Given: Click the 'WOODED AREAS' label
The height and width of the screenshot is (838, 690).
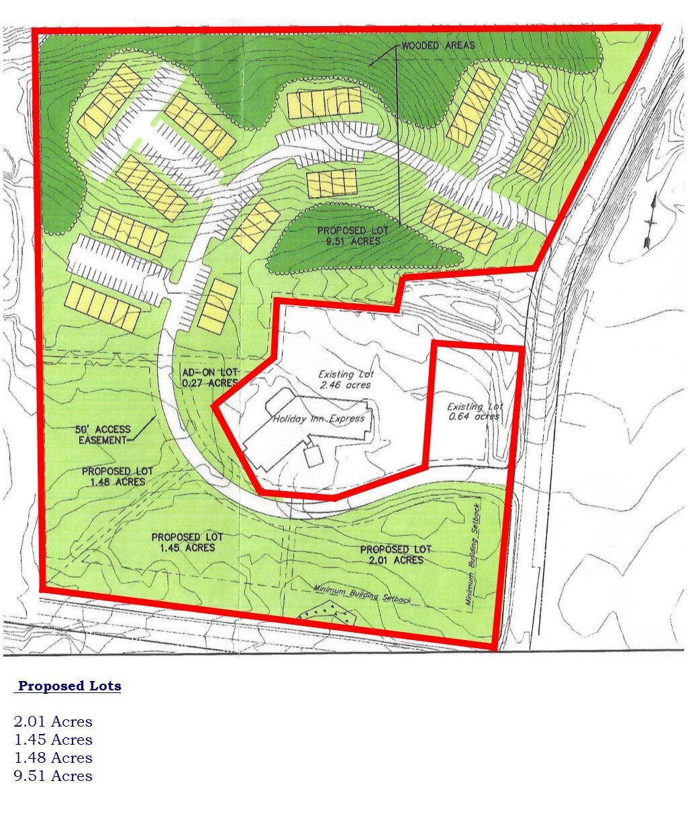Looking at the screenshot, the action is pos(438,46).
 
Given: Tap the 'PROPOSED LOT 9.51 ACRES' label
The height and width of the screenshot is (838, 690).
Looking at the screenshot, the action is pos(354,235).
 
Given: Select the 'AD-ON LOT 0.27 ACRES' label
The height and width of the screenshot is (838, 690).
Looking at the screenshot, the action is pos(209,377).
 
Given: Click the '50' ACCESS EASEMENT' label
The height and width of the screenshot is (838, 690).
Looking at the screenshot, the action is pos(104,434).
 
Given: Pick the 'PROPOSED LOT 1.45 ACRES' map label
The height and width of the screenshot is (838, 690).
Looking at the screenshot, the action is pos(187,542).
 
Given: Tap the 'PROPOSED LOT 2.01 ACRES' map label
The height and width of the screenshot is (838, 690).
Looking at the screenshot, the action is pos(395,554).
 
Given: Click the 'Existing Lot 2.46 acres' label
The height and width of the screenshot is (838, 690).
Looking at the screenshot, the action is pos(346,379).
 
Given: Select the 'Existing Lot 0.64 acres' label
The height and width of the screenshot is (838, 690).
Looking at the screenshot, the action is pos(475,411).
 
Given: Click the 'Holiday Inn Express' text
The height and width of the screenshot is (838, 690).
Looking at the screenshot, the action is pos(319,419).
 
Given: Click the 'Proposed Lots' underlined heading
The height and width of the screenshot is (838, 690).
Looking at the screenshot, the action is pos(69,686).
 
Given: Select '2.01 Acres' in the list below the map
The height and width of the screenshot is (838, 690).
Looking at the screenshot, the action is pos(53,722).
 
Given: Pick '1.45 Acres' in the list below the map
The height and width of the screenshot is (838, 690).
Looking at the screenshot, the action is pos(53,740).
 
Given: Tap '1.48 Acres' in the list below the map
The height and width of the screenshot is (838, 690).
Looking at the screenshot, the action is pos(53,758).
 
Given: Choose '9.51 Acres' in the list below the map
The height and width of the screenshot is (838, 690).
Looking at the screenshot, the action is pos(53,776).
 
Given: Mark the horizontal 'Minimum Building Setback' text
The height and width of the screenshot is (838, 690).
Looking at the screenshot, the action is pos(362,594).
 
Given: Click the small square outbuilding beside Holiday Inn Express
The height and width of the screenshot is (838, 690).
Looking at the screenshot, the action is pos(313,456).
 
